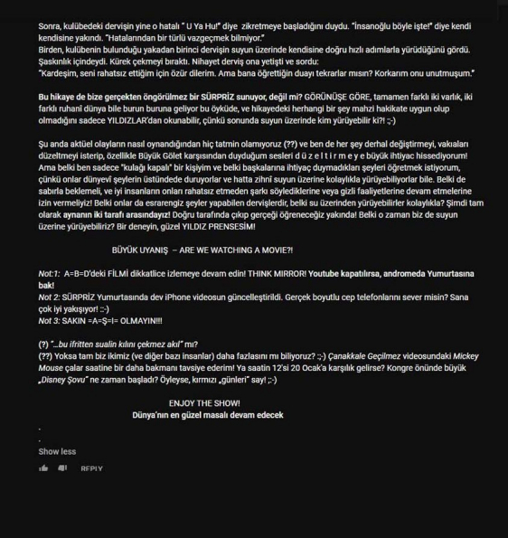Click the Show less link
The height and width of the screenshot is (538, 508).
pos(57,451)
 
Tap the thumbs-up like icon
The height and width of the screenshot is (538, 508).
pos(43,468)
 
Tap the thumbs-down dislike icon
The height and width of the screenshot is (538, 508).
pos(62,468)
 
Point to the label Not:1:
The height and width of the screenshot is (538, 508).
pos(50,272)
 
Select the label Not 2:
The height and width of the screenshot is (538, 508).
pos(51,296)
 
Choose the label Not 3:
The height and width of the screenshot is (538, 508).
pos(51,319)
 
